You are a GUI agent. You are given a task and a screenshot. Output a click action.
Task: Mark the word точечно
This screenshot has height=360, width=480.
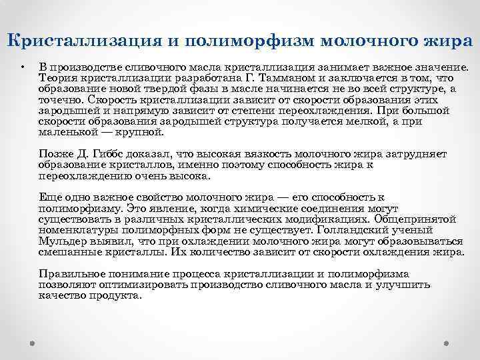point(59,99)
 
